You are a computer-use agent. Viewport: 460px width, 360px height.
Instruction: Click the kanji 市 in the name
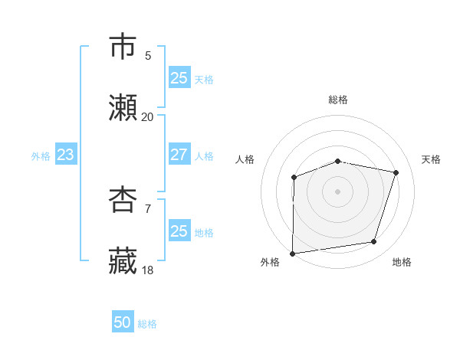123,47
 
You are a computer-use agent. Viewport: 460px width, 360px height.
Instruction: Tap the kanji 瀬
123,108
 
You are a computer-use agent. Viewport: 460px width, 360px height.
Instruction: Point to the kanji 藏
123,260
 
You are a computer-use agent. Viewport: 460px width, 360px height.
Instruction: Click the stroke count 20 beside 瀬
147,117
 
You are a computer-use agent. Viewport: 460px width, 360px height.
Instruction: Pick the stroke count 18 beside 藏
147,270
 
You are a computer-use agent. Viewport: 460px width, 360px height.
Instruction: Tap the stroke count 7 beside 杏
147,208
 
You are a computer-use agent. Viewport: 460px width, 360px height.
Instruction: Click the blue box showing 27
179,155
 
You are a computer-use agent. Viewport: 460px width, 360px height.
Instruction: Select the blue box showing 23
66,155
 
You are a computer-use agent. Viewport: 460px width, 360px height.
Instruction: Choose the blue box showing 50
123,322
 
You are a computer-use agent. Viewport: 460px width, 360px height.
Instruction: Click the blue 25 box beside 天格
179,78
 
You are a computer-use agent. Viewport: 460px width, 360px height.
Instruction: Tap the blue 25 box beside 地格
179,231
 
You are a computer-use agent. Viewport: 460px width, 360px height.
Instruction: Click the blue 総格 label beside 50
147,324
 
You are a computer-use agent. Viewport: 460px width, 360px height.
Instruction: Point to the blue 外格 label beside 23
41,156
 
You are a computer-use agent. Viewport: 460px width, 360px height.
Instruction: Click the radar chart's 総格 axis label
338,100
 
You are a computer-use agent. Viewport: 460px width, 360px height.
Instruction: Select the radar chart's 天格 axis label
432,159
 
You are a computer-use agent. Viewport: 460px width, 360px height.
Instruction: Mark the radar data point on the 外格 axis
293,253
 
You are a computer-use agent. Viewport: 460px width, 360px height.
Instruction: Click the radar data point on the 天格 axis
396,172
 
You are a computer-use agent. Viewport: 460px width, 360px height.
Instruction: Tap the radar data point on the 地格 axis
374,242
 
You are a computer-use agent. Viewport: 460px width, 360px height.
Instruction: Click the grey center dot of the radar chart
338,191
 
